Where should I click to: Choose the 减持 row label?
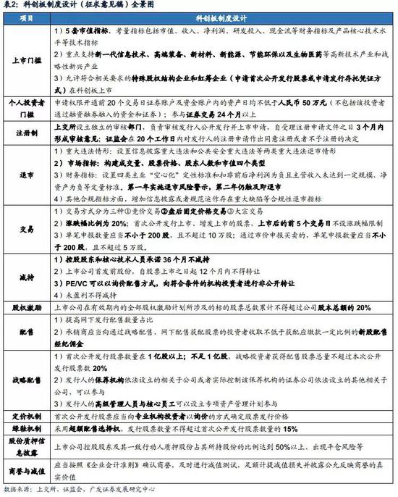27,278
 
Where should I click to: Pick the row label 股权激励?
27,307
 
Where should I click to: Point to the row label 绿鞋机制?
27,429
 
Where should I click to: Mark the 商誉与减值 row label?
27,472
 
